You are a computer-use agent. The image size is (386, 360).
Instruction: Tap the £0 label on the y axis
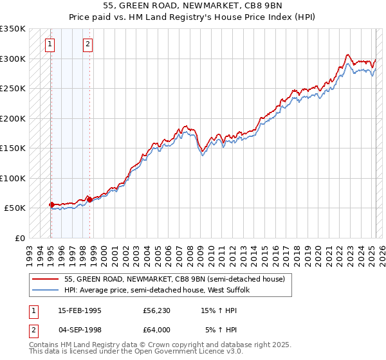[x=19, y=238]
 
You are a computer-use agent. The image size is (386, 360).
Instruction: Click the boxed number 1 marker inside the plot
[x=50, y=44]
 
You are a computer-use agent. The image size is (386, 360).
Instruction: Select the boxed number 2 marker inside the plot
[x=88, y=44]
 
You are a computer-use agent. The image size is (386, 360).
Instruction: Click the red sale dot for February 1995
[x=51, y=204]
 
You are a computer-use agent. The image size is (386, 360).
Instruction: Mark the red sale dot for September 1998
[x=89, y=200]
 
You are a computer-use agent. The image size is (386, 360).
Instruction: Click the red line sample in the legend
[x=46, y=278]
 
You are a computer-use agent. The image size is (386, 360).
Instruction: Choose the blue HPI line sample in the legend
[x=46, y=290]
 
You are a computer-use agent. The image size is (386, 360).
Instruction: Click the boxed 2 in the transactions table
[x=32, y=331]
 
